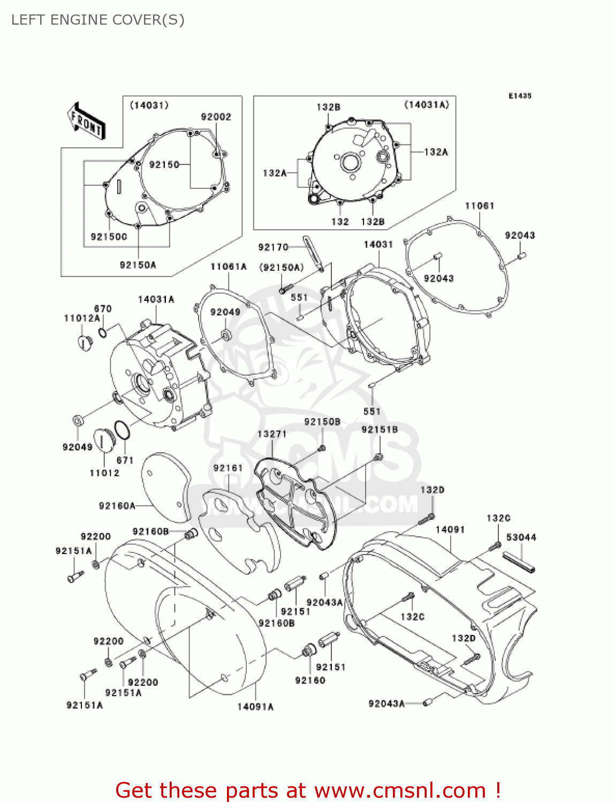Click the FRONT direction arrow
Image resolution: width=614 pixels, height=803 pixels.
(x=86, y=121)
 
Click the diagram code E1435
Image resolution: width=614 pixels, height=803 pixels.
(x=520, y=96)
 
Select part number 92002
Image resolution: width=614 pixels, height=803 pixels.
(x=216, y=117)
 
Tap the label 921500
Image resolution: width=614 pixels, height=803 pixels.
(x=109, y=237)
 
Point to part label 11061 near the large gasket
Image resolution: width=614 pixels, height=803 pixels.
(x=480, y=206)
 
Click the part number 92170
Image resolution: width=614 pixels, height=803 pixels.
(x=273, y=247)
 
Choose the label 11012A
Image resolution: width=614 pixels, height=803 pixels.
(x=82, y=318)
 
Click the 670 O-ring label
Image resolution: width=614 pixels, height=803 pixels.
(x=103, y=308)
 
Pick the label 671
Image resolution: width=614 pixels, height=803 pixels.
(x=125, y=460)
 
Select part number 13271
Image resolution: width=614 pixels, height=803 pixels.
(x=272, y=434)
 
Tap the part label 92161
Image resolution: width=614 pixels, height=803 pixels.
(x=228, y=468)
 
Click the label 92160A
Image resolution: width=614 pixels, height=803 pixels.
(x=117, y=506)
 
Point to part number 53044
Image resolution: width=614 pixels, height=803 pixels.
(x=521, y=537)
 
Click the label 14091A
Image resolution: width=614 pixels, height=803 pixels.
(x=255, y=707)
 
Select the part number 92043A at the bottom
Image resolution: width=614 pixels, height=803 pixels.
(x=386, y=703)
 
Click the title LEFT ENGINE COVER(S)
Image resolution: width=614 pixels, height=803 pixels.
(x=98, y=20)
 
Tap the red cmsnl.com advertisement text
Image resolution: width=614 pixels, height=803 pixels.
(x=308, y=790)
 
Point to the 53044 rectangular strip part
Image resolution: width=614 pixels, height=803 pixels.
(x=519, y=562)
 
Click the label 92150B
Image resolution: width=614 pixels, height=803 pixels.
(x=322, y=422)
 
